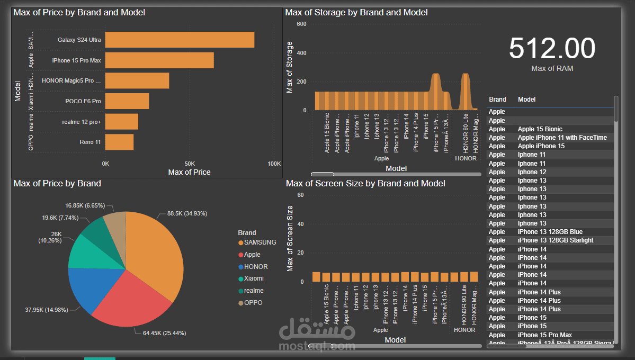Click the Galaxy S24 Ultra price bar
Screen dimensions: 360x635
[180, 40]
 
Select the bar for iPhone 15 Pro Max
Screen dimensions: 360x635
[159, 60]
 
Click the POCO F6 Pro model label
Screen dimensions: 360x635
[83, 101]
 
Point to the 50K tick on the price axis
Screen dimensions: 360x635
[190, 163]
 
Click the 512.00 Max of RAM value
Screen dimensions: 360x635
[552, 48]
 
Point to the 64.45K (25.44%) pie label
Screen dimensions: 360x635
[164, 333]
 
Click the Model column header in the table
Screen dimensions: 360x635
[526, 100]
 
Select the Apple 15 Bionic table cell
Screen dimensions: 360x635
[540, 129]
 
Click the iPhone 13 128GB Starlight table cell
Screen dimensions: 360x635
[555, 240]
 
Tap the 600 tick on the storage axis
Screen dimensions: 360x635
[301, 24]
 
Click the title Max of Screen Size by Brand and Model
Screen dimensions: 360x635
[365, 184]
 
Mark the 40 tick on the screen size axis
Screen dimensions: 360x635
[300, 224]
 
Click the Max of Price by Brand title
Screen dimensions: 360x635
[57, 184]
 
